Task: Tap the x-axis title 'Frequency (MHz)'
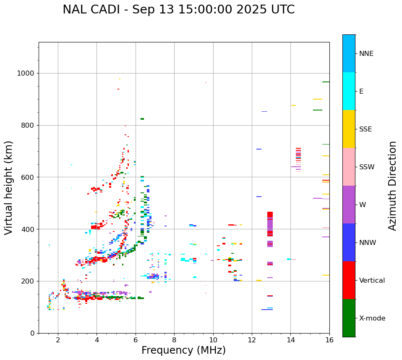[183, 350]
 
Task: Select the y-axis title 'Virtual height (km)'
[9, 188]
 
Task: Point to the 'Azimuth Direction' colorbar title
[392, 186]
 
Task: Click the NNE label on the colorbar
[366, 54]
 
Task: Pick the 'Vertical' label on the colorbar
[372, 281]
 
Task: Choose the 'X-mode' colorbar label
[372, 318]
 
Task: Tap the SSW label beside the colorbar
[367, 167]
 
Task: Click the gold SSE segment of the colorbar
[349, 129]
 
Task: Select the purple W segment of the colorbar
[349, 205]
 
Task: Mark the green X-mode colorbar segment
[349, 318]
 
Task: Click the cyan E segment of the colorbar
[349, 91]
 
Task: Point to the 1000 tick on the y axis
[26, 74]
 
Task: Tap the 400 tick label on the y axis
[29, 229]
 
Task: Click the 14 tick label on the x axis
[290, 340]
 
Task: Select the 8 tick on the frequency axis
[213, 340]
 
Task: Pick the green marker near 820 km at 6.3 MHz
[142, 119]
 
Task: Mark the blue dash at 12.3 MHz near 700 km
[259, 149]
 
